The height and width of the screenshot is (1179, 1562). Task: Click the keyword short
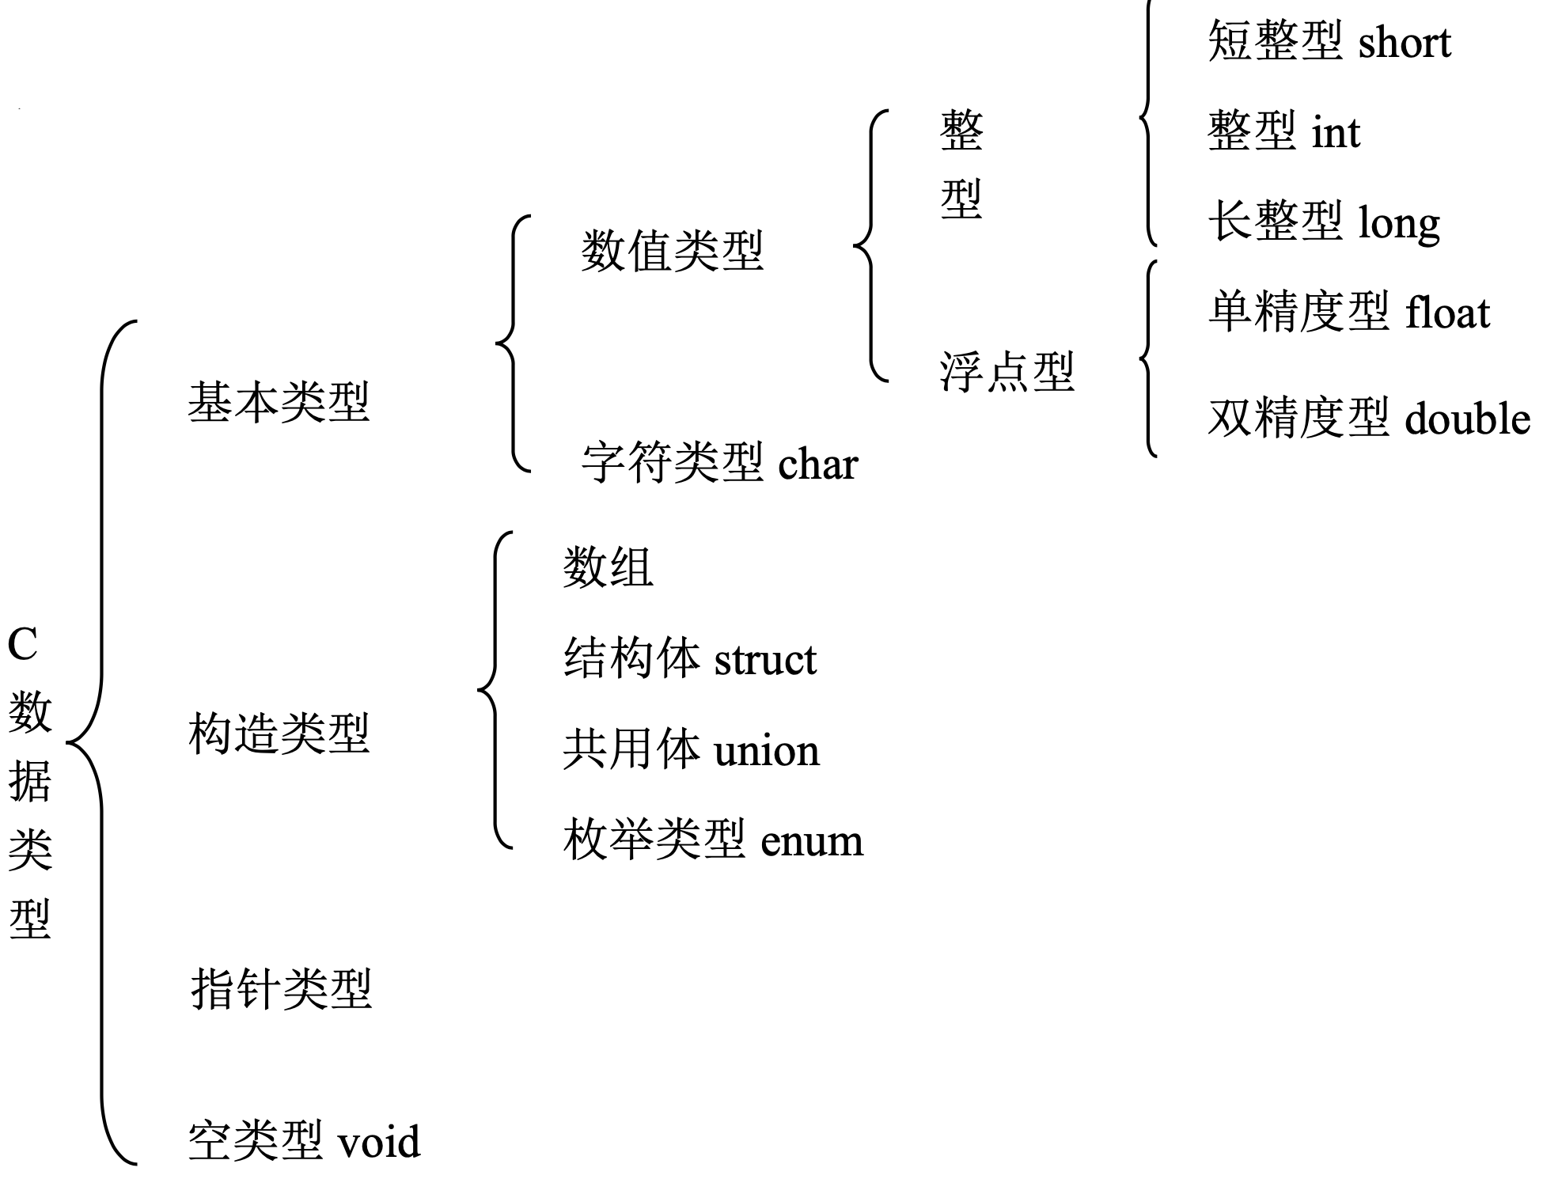[1405, 42]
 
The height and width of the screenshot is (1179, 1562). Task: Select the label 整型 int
[1283, 131]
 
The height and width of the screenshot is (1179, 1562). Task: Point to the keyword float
[1447, 313]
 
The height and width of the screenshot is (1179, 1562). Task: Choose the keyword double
[1467, 419]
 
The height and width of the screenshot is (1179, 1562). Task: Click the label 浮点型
[1007, 372]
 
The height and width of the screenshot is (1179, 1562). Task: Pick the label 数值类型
[672, 252]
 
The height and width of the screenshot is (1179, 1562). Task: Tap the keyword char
[817, 464]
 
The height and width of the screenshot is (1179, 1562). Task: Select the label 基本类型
[279, 402]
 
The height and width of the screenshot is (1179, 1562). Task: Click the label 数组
[608, 568]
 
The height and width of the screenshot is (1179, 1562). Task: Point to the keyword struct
[764, 660]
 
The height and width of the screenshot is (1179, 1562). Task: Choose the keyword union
[766, 750]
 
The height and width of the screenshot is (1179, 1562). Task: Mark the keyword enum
[811, 840]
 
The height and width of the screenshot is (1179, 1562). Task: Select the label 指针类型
[281, 988]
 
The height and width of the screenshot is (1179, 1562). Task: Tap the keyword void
[379, 1141]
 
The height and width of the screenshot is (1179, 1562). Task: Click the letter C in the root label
[23, 645]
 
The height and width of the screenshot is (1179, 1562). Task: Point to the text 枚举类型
[654, 840]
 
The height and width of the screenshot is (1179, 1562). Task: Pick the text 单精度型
[1299, 313]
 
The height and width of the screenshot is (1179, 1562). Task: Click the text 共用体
[631, 750]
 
